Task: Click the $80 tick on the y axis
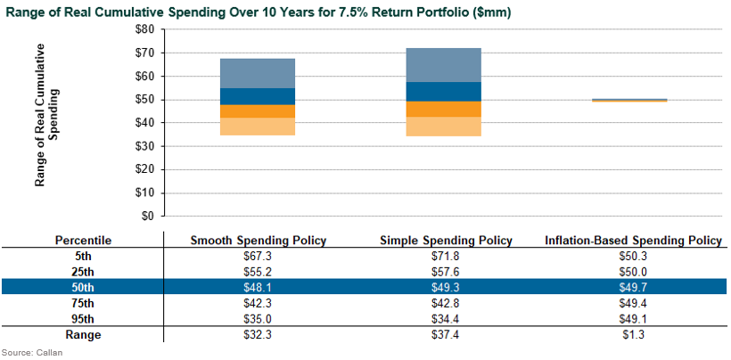[144, 29]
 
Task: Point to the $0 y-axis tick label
[148, 216]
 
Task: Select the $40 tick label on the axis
[144, 123]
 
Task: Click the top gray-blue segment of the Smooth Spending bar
[257, 73]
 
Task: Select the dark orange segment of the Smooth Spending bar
[257, 111]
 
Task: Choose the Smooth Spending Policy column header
[259, 241]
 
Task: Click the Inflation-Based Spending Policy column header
[632, 241]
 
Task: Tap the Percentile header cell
[83, 241]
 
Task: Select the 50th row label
[83, 288]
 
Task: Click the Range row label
[83, 334]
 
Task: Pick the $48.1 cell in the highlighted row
[259, 288]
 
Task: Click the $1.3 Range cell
[632, 334]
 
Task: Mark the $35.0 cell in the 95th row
[259, 319]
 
